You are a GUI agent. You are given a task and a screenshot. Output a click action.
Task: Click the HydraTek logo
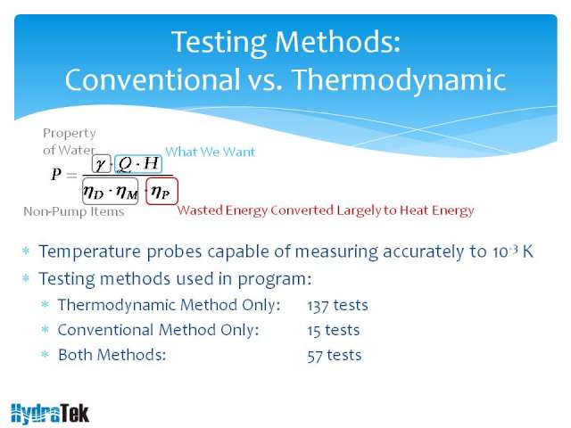(50, 414)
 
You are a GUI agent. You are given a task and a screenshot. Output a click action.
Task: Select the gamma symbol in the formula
(101, 164)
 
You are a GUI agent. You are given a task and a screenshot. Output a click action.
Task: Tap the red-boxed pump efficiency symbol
(161, 192)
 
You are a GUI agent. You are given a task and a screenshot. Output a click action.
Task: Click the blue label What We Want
(211, 152)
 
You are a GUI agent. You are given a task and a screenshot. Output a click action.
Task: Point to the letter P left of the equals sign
(56, 174)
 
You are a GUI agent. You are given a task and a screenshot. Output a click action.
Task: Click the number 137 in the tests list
(318, 305)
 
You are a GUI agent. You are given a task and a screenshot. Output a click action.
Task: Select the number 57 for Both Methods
(315, 356)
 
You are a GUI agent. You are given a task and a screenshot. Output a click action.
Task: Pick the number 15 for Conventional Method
(313, 331)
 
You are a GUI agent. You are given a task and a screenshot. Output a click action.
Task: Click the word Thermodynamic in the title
(399, 80)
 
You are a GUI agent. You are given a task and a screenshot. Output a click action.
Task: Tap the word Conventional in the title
(151, 79)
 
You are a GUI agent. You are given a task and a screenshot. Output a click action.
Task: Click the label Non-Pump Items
(74, 211)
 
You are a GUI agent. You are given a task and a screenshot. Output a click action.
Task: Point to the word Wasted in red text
(199, 210)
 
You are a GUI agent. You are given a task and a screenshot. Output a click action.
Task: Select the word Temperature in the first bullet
(89, 251)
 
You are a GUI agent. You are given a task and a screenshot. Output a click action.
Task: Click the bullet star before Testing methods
(26, 278)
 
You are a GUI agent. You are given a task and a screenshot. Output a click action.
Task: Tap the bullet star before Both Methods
(45, 354)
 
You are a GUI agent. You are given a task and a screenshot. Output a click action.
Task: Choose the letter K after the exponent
(528, 251)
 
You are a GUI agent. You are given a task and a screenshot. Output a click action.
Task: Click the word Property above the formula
(70, 134)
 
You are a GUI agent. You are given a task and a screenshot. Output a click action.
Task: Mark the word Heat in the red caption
(414, 210)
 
